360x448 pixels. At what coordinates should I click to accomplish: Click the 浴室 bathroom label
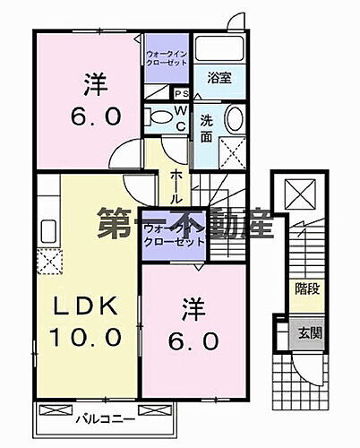click(219, 78)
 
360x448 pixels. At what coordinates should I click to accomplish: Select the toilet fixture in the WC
click(159, 116)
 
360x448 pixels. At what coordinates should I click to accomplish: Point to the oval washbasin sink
click(234, 118)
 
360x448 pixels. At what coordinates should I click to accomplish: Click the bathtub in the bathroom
click(220, 48)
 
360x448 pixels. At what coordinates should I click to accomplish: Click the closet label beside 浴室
click(167, 58)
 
